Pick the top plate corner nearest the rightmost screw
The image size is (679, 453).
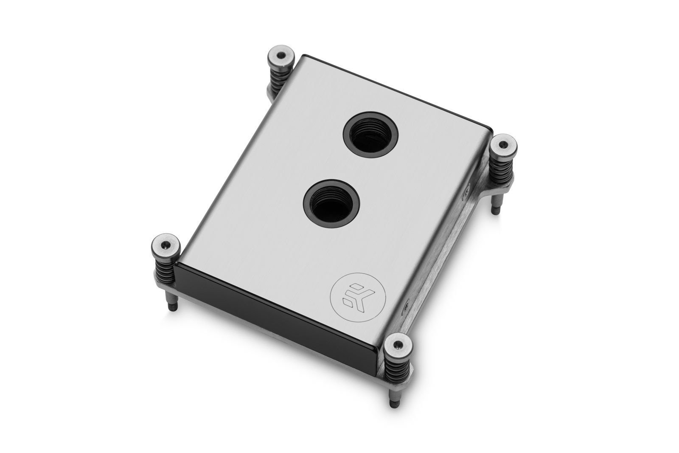point(491,128)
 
